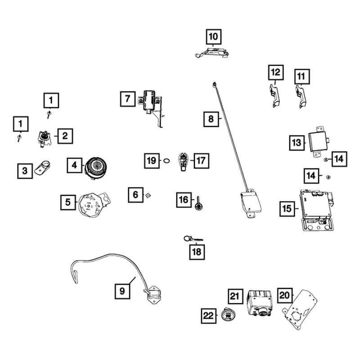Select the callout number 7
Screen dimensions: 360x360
(128, 98)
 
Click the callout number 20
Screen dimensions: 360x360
(283, 295)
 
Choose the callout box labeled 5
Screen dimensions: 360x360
(68, 202)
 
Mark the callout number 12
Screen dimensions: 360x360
(276, 72)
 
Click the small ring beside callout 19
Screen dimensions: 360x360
(166, 160)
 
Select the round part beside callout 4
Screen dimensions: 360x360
(95, 166)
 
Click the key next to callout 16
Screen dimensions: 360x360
(198, 202)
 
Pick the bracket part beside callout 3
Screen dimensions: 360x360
(44, 169)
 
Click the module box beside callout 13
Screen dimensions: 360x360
(318, 137)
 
